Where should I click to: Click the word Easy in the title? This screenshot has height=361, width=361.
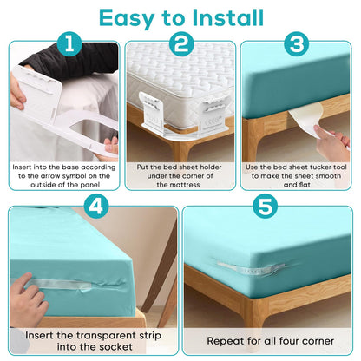coord(127,19)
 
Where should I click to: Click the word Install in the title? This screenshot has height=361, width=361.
coord(227,17)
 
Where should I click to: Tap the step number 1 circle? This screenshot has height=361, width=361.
coord(69,44)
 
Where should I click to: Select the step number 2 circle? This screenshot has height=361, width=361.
coord(181,44)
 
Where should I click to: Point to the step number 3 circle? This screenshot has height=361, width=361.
coord(297,44)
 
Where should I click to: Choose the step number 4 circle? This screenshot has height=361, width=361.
coord(96,207)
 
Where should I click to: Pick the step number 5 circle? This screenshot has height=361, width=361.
coord(266,207)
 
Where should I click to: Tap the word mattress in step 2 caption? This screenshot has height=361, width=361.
coord(186,185)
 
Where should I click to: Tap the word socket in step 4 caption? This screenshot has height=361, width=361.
coord(117,347)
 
